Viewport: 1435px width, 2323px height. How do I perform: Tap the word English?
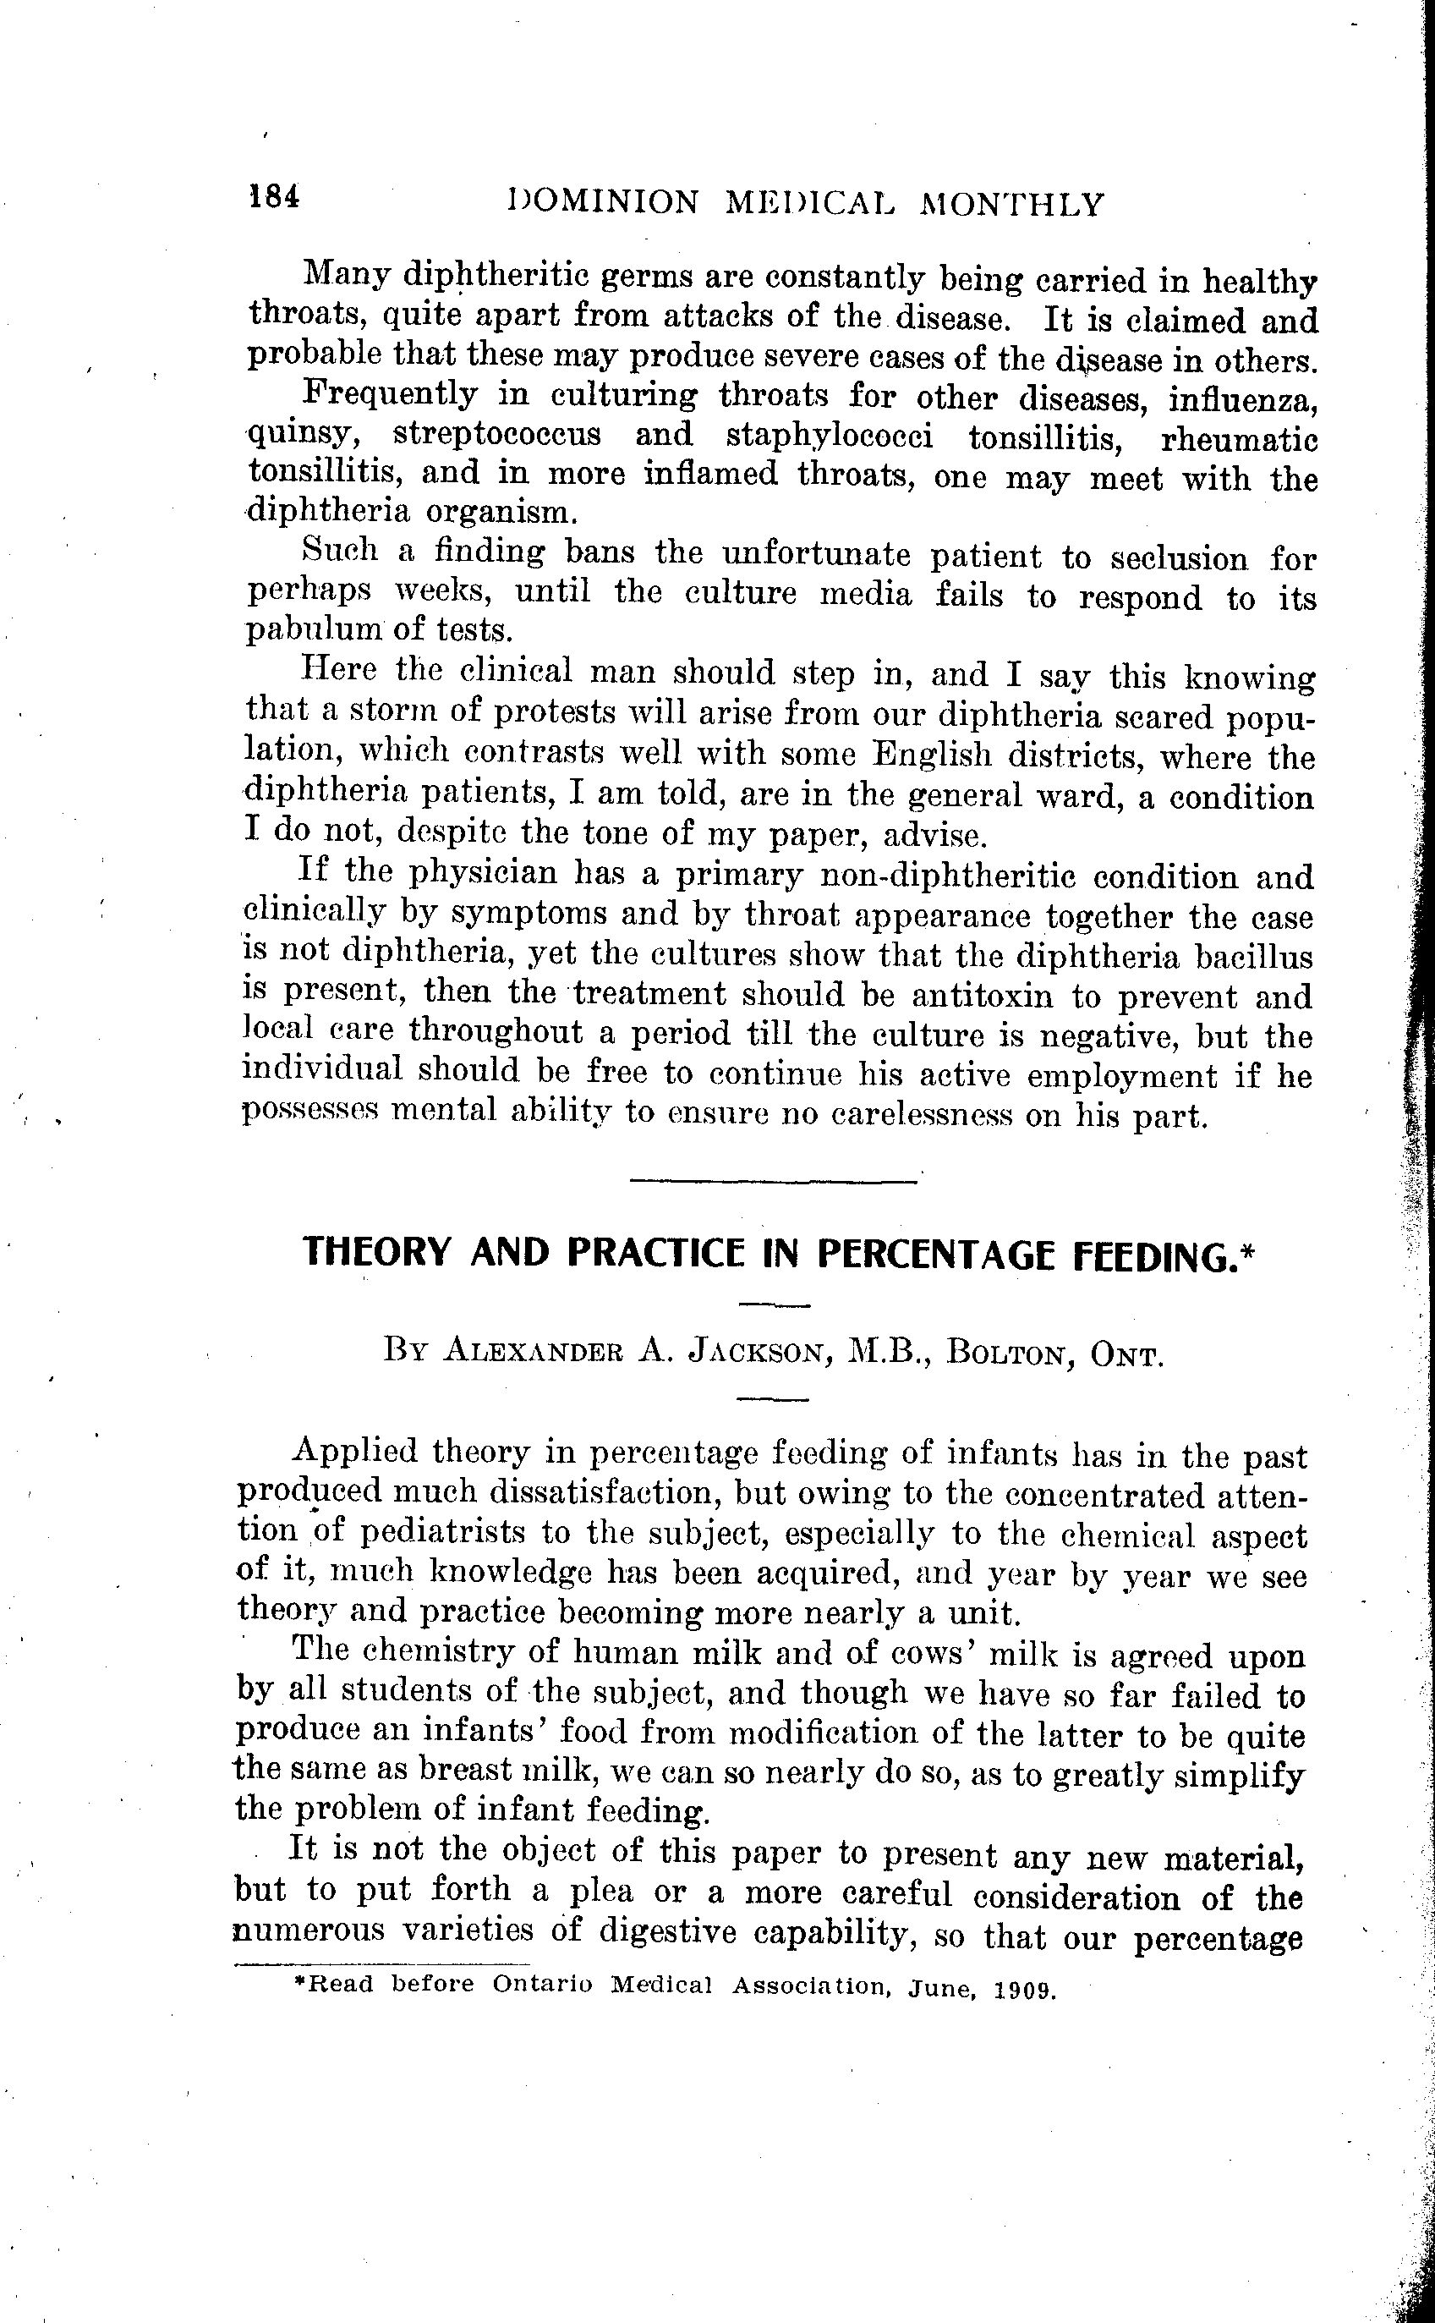point(932,755)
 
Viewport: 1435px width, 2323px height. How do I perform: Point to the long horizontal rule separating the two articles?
point(774,1181)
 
